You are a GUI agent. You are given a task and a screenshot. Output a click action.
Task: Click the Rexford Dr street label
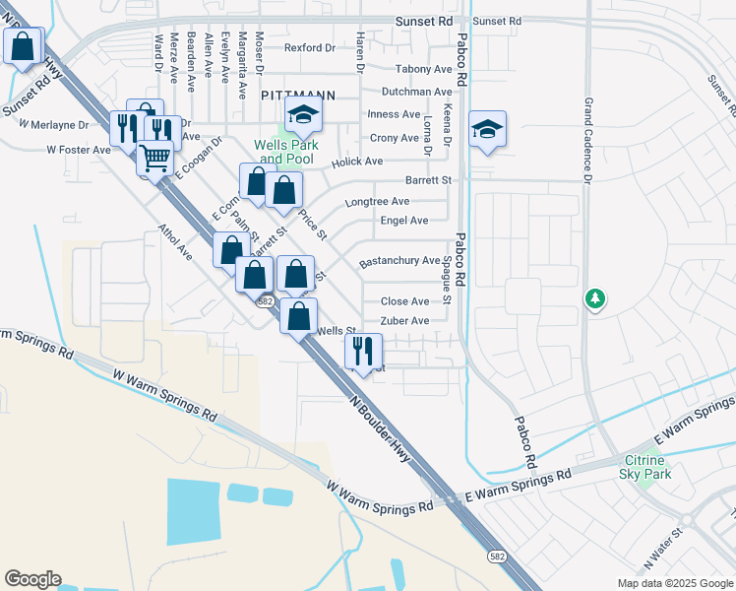[310, 47]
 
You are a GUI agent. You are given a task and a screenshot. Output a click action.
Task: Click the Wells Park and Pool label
[284, 152]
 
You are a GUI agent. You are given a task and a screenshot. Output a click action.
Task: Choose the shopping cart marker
[154, 157]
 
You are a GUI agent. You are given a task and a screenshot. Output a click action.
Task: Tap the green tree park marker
[594, 297]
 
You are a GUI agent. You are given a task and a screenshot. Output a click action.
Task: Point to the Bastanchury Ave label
[399, 261]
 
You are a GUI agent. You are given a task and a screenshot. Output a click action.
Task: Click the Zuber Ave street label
[404, 321]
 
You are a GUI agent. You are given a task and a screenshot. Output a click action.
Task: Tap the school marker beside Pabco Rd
[487, 129]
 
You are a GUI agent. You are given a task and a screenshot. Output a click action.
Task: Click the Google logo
[32, 579]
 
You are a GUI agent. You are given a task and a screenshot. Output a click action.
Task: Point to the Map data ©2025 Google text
[674, 583]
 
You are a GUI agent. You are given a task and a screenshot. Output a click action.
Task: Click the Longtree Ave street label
[377, 202]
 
